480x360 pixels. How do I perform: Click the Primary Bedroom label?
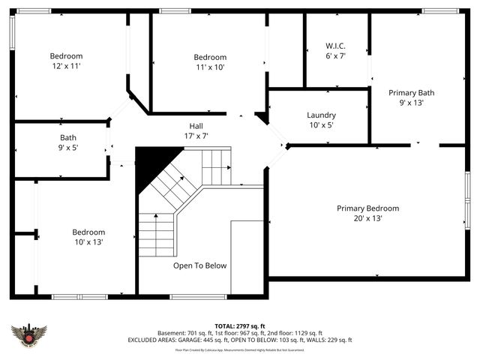pos(367,208)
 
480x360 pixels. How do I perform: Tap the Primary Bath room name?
pos(411,92)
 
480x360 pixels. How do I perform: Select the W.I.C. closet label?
pos(334,45)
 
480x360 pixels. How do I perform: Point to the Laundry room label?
pos(321,115)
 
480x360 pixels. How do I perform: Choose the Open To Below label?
pos(199,265)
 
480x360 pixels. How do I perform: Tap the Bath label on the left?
pos(68,137)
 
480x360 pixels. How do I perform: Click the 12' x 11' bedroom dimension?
pos(66,67)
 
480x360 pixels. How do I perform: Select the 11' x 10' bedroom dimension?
pos(210,67)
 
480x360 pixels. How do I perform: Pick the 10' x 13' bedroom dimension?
pos(88,242)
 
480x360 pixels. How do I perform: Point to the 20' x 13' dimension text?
pos(367,218)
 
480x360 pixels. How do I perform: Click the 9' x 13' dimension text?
pos(411,103)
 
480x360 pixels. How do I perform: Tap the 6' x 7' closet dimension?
pos(334,55)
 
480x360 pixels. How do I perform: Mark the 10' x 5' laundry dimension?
pos(321,125)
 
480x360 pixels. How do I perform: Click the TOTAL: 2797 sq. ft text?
pos(240,326)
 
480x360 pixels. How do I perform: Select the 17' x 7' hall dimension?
pos(195,136)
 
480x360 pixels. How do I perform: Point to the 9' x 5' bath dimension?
pos(68,148)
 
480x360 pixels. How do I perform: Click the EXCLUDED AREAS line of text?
pos(240,340)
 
